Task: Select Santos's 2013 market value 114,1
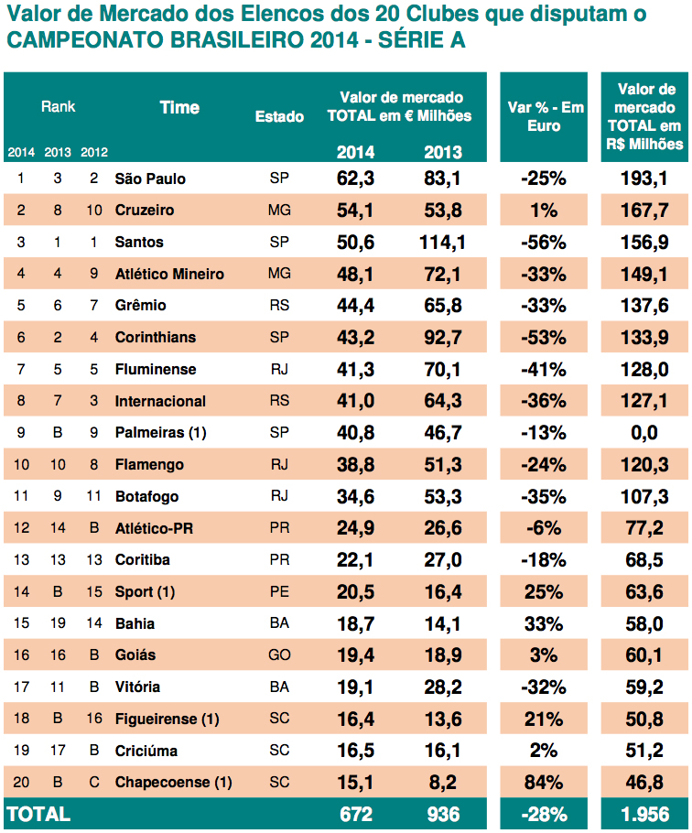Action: [x=442, y=243]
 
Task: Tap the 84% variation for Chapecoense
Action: [x=543, y=783]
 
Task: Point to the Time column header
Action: [x=179, y=107]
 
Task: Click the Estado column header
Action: [x=279, y=117]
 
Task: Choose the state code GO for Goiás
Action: [x=279, y=655]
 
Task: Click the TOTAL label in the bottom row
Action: [x=38, y=814]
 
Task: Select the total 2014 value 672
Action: [x=356, y=814]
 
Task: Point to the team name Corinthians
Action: [x=155, y=338]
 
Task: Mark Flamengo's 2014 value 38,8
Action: [x=356, y=465]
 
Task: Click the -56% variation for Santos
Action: [x=543, y=243]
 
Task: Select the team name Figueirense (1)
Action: [x=167, y=719]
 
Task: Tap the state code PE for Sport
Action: [x=279, y=592]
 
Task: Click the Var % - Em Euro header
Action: [x=546, y=116]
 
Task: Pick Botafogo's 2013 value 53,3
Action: [x=442, y=497]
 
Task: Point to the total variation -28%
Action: [x=543, y=814]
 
